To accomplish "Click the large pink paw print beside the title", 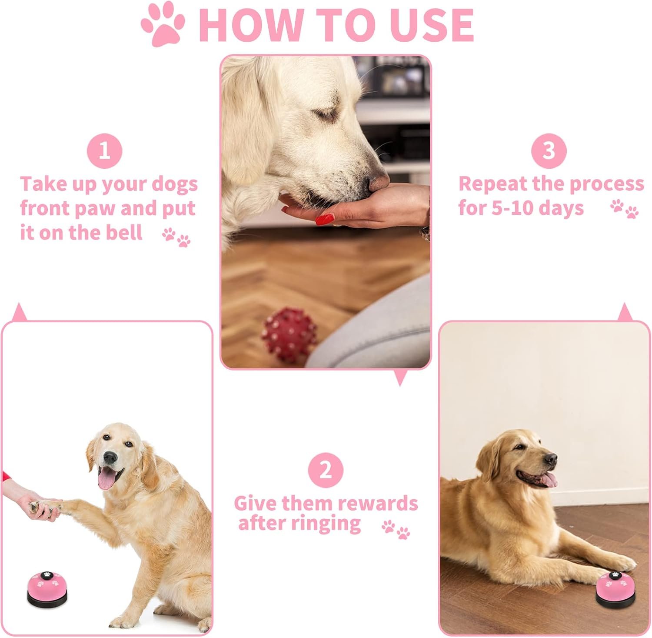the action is (x=163, y=25).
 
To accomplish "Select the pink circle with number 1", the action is (x=104, y=151).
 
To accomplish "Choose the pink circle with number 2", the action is (x=326, y=470).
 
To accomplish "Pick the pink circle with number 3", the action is (x=549, y=151).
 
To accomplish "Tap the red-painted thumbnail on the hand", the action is (x=325, y=219).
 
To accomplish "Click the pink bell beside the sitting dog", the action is (x=47, y=588).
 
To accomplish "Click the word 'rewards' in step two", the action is (x=377, y=504).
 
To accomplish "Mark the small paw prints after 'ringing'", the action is (x=396, y=529).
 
